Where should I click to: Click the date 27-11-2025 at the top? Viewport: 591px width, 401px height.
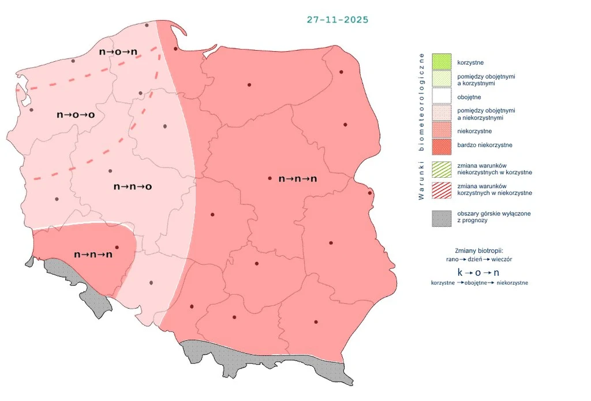(x=338, y=20)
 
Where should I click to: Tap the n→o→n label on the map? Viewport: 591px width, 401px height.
(x=118, y=52)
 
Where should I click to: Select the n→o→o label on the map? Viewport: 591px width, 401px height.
(x=76, y=115)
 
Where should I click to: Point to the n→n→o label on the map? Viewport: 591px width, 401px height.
(x=133, y=186)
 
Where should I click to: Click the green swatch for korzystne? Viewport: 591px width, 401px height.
(x=442, y=62)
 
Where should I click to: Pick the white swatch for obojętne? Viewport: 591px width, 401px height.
(x=442, y=97)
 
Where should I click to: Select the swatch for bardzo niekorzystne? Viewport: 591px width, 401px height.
(x=442, y=145)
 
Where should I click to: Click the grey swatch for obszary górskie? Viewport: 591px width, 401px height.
(x=442, y=218)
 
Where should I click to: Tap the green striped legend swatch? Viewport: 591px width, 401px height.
(x=442, y=168)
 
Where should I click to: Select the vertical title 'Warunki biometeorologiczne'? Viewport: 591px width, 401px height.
(x=421, y=126)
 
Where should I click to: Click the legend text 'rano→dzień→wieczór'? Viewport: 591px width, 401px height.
(x=479, y=260)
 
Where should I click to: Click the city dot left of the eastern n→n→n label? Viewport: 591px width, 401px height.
(x=270, y=178)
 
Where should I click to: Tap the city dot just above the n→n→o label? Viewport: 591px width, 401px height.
(x=110, y=171)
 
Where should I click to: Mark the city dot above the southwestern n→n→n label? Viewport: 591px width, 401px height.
(x=117, y=247)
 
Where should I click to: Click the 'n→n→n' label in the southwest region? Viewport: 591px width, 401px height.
(x=93, y=254)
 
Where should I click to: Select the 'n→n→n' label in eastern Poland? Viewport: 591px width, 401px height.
(x=298, y=179)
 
